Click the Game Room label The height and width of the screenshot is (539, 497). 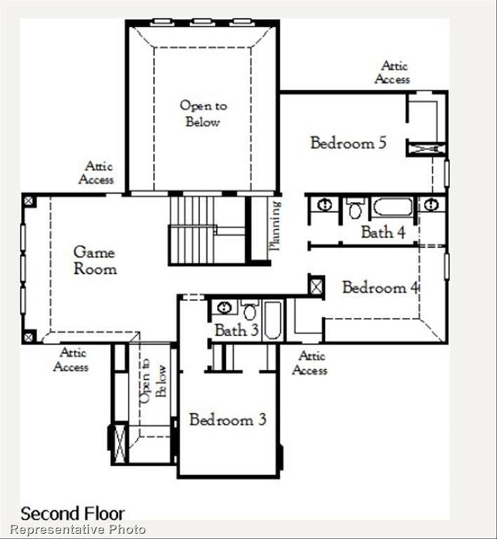point(95,260)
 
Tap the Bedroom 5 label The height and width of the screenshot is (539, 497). point(348,143)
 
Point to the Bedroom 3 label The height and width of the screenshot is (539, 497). point(227,420)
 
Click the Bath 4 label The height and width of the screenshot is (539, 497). point(383,232)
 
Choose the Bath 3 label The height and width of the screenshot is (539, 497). point(236,330)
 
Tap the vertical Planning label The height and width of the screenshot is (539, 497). point(275,226)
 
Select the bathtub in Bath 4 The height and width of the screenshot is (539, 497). point(392,208)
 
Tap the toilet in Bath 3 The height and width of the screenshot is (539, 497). point(249,310)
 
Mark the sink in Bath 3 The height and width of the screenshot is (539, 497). point(224,307)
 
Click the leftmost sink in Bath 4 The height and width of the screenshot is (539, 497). point(324,205)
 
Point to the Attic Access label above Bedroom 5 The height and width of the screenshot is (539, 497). point(392,72)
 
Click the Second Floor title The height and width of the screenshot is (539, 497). point(72,513)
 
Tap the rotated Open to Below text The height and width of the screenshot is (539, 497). point(153,383)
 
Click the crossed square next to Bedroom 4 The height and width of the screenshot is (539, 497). point(316,286)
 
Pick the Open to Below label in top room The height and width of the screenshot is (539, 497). point(203,114)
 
